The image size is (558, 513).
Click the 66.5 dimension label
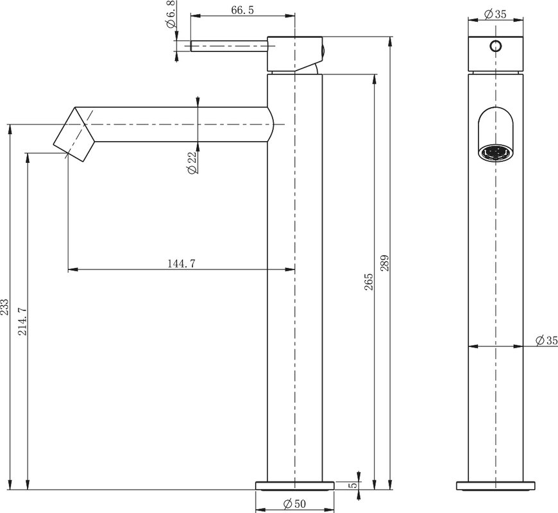pyautogui.click(x=242, y=10)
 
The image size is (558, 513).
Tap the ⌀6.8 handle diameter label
pyautogui.click(x=171, y=14)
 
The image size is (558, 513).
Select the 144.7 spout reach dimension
pyautogui.click(x=182, y=264)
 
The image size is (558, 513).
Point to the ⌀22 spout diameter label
pyautogui.click(x=192, y=164)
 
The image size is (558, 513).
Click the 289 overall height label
pyautogui.click(x=385, y=263)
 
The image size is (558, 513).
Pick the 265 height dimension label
pyautogui.click(x=369, y=282)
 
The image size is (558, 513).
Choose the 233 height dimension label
pyautogui.click(x=4, y=307)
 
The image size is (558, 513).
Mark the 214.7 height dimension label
pyautogui.click(x=23, y=322)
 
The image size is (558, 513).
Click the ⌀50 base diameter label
pyautogui.click(x=294, y=504)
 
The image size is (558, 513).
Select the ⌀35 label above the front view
pyautogui.click(x=495, y=14)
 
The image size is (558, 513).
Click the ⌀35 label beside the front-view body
pyautogui.click(x=546, y=341)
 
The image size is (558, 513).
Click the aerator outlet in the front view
pyautogui.click(x=495, y=153)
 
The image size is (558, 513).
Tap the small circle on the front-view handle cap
pyautogui.click(x=495, y=46)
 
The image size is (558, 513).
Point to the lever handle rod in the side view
pyautogui.click(x=229, y=46)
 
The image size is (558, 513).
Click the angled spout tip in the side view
pyautogui.click(x=74, y=134)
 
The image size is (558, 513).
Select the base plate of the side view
pyautogui.click(x=294, y=486)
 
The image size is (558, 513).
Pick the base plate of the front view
pyautogui.click(x=495, y=486)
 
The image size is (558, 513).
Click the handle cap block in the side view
pyautogui.click(x=294, y=54)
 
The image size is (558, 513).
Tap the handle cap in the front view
pyautogui.click(x=495, y=54)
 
